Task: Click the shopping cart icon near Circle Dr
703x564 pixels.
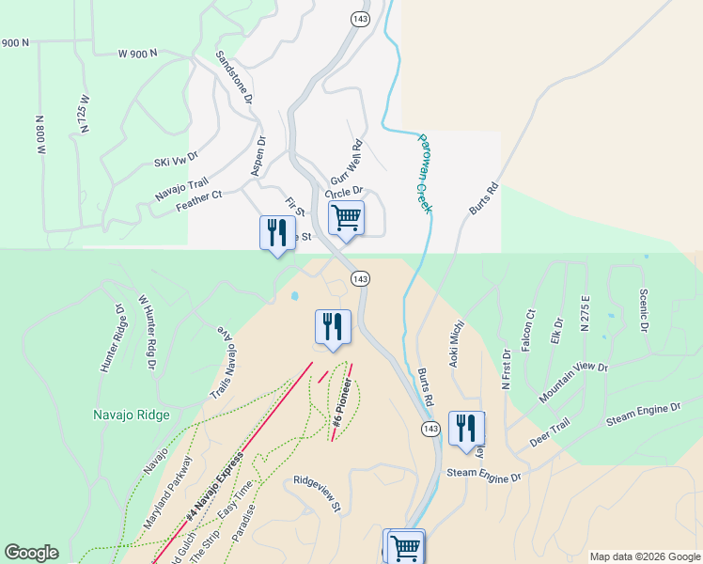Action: pyautogui.click(x=347, y=218)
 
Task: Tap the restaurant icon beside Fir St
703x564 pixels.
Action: pyautogui.click(x=276, y=231)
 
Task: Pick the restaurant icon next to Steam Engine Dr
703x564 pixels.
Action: pyautogui.click(x=466, y=428)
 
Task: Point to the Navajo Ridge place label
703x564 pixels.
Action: pyautogui.click(x=132, y=415)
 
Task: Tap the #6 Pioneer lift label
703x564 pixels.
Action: pyautogui.click(x=344, y=409)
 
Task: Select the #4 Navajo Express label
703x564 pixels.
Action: pyautogui.click(x=216, y=486)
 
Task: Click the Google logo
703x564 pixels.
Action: pyautogui.click(x=31, y=553)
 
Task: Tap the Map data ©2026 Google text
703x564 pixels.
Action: pyautogui.click(x=644, y=556)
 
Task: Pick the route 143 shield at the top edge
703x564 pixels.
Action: pyautogui.click(x=358, y=19)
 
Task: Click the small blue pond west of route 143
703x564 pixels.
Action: pyautogui.click(x=295, y=296)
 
